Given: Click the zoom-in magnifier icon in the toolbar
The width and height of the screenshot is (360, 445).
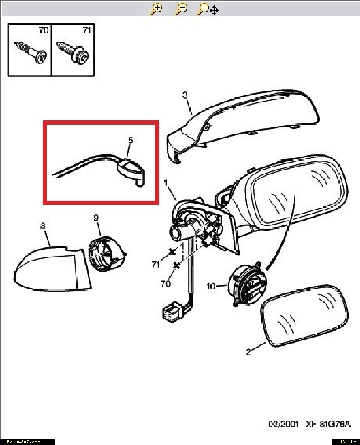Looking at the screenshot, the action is [156, 9].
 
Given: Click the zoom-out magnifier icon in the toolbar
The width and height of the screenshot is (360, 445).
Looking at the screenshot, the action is [182, 9].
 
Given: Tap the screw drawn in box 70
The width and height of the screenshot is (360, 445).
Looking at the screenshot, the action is [30, 51].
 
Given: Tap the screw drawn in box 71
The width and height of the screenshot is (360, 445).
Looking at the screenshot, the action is [73, 52].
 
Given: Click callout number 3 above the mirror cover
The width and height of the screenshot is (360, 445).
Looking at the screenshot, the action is [185, 95].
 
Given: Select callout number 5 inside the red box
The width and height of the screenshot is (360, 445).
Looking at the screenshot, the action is [131, 140].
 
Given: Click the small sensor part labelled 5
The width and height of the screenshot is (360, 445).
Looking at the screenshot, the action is [131, 172].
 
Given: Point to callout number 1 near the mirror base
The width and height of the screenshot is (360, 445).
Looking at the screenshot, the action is [166, 183].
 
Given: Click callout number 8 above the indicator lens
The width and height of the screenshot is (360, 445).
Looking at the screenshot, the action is [43, 226].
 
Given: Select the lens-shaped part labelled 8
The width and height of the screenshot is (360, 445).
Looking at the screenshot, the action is [53, 268].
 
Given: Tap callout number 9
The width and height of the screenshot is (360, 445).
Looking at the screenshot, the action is [96, 218].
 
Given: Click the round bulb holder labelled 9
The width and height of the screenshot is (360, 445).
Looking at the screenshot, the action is [106, 253].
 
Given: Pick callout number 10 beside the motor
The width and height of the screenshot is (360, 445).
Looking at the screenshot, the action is [211, 286].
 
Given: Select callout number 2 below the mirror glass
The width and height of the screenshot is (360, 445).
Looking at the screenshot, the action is [249, 352].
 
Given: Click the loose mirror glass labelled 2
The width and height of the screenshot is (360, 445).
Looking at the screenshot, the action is [305, 316].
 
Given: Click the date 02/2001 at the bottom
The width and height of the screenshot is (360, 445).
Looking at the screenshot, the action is [283, 424].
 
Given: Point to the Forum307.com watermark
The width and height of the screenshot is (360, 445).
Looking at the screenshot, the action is [24, 442].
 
